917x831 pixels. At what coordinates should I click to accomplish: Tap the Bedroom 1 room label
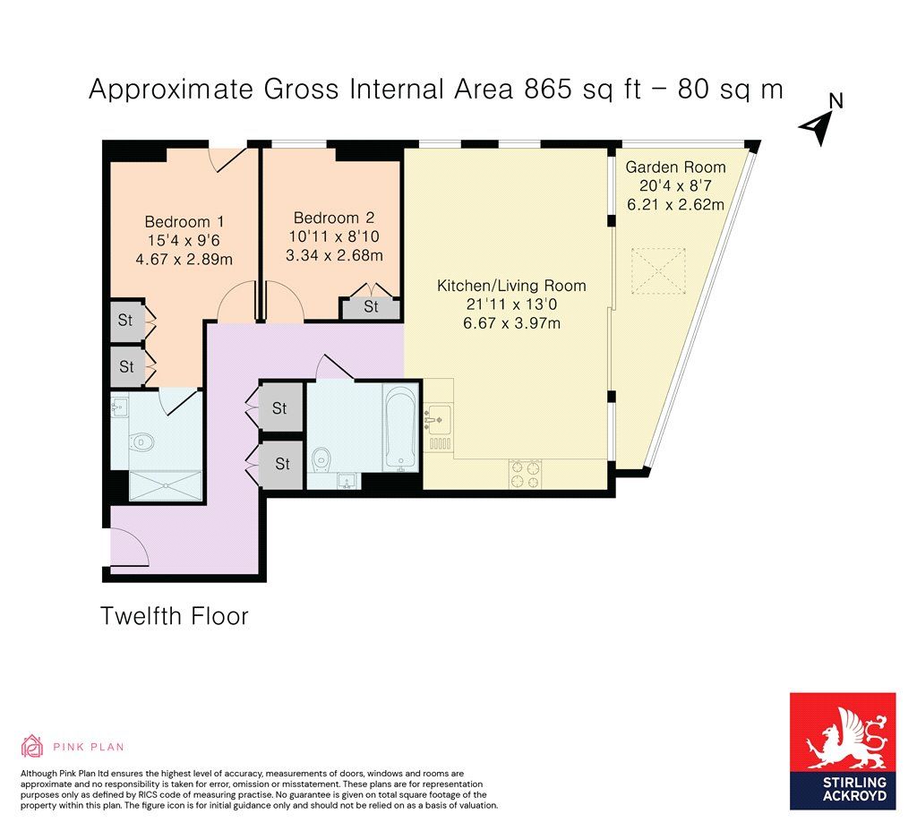(x=184, y=222)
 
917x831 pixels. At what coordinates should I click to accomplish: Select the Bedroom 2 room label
(x=333, y=218)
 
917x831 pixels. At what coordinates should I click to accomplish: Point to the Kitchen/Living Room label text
(x=510, y=286)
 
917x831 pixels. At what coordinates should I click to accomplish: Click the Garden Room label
(x=675, y=167)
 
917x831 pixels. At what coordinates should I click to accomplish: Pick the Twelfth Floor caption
(x=174, y=616)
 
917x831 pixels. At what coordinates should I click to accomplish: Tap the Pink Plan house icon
(x=32, y=746)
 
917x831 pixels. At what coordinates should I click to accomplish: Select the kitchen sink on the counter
(x=439, y=416)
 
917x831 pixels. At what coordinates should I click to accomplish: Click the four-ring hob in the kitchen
(x=526, y=473)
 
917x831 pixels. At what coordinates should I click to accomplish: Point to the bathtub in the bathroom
(x=400, y=427)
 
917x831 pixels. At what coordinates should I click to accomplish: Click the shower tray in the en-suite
(x=167, y=485)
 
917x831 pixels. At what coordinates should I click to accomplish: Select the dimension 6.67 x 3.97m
(x=510, y=323)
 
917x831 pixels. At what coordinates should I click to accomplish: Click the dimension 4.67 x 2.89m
(x=184, y=260)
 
